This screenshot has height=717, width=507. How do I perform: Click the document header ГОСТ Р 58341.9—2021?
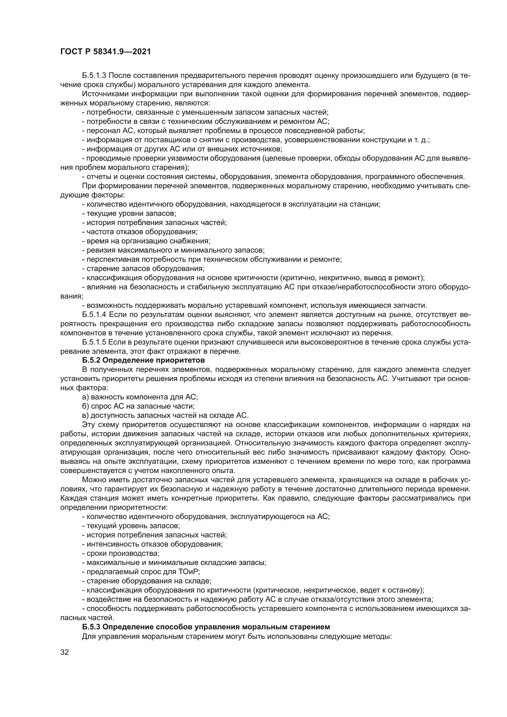coord(105,52)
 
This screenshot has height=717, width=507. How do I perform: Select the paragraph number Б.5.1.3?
coord(94,76)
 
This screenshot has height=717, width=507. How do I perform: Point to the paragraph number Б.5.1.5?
coord(94,342)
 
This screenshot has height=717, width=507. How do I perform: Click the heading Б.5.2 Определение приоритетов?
coord(143,360)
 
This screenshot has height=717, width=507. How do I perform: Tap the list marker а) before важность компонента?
coord(86,397)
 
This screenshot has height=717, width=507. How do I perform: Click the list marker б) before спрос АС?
coord(86,406)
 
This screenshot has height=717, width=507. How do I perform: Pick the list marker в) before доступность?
coord(86,416)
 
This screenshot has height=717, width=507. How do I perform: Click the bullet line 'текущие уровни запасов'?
coord(129,214)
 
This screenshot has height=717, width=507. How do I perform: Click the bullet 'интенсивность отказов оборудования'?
coord(152,544)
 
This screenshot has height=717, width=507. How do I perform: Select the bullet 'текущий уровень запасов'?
coord(131,526)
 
